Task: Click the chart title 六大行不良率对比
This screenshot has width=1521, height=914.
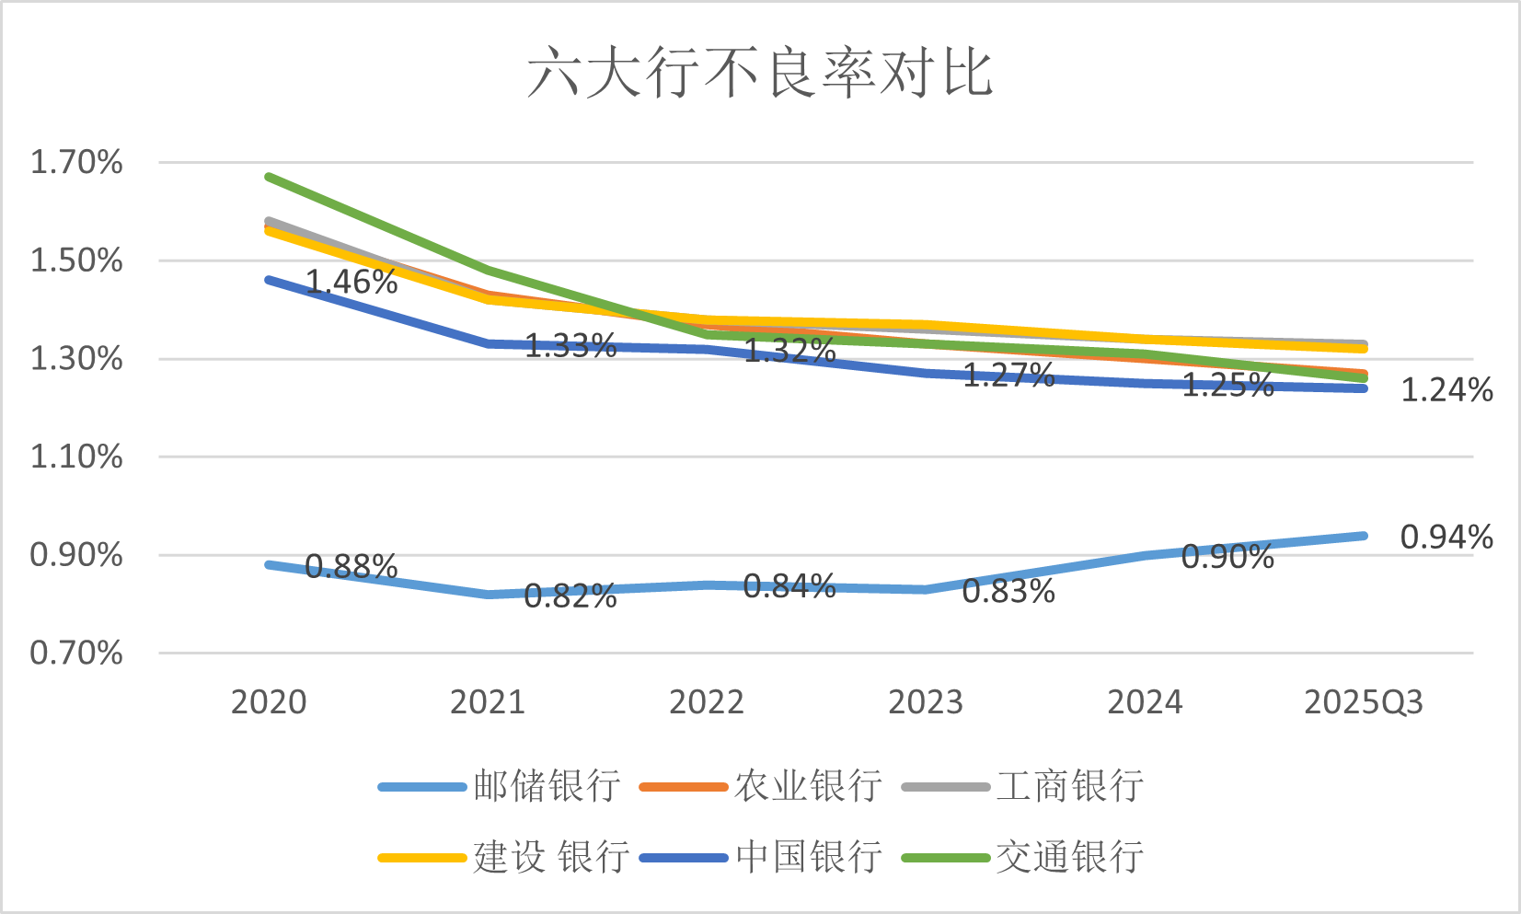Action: pyautogui.click(x=760, y=73)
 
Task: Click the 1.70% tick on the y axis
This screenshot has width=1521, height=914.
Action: pyautogui.click(x=76, y=163)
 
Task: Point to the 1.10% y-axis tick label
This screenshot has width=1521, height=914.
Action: pyautogui.click(x=76, y=457)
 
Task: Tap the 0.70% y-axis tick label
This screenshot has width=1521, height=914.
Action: pyautogui.click(x=76, y=654)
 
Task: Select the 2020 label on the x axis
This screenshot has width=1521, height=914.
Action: pyautogui.click(x=269, y=702)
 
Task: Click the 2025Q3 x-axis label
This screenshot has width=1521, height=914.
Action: pyautogui.click(x=1364, y=702)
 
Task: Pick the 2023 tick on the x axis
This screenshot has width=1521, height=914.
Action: pyautogui.click(x=926, y=702)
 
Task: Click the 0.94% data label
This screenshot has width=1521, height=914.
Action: pyautogui.click(x=1446, y=537)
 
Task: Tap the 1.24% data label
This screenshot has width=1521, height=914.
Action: pyautogui.click(x=1446, y=389)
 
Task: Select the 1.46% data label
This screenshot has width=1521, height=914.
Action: pyautogui.click(x=351, y=282)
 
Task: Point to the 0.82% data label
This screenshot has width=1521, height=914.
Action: pyautogui.click(x=570, y=596)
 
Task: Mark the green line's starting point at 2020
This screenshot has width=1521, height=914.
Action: pyautogui.click(x=269, y=177)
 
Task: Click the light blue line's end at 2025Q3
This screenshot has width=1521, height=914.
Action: pyautogui.click(x=1364, y=536)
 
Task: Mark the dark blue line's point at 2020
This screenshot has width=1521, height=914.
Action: pyautogui.click(x=269, y=280)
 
